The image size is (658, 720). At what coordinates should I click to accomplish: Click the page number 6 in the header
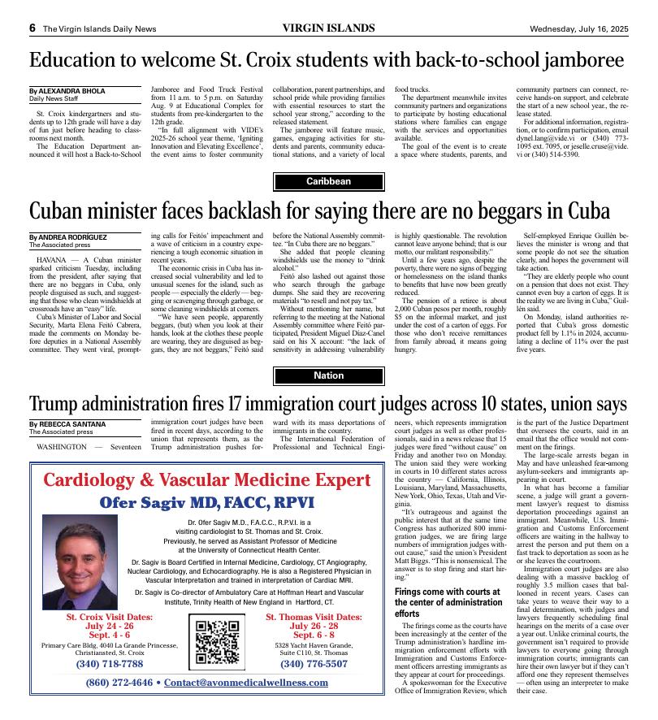(32, 28)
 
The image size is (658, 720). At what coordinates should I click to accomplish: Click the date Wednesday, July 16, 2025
(578, 28)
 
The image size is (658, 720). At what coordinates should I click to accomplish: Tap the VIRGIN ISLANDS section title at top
(328, 28)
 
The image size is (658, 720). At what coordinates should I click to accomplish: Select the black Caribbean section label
(328, 181)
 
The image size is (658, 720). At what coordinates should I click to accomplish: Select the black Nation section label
(328, 375)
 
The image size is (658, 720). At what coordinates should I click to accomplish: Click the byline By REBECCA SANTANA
(66, 424)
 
